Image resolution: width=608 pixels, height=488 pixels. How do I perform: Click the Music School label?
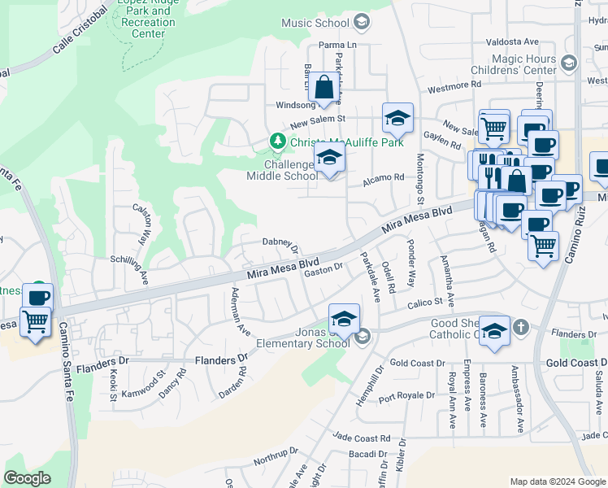[x=315, y=23]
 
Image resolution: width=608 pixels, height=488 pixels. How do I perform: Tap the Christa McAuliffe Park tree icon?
[x=278, y=142]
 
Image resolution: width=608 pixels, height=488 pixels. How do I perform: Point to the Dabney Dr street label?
[x=280, y=243]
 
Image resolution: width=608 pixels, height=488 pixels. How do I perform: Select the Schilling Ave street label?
[x=130, y=264]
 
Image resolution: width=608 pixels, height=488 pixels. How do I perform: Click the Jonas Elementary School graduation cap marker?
[x=344, y=319]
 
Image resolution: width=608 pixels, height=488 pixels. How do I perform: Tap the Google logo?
[x=27, y=478]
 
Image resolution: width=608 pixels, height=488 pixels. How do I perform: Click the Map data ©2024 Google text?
[x=558, y=481]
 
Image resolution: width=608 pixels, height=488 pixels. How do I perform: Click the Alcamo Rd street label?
[x=383, y=177]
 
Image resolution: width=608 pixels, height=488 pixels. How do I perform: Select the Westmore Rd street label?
[x=454, y=85]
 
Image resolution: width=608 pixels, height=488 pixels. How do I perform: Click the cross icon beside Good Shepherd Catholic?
[x=520, y=327]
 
